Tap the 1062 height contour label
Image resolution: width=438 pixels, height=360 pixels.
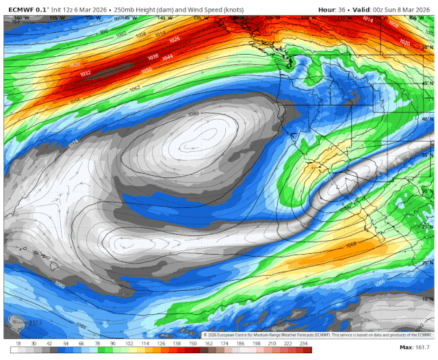tap(135, 88)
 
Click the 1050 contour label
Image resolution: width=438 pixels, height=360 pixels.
tap(146, 70)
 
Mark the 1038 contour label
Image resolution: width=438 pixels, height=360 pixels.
tap(153, 57)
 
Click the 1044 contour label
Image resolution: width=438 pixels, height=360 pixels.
tap(168, 57)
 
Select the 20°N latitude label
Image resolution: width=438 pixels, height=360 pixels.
tap(428, 263)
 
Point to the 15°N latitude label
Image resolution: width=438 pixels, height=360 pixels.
tap(428, 298)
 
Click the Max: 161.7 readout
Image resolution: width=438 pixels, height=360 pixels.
tap(415, 348)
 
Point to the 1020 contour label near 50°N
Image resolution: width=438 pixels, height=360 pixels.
tap(404, 42)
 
